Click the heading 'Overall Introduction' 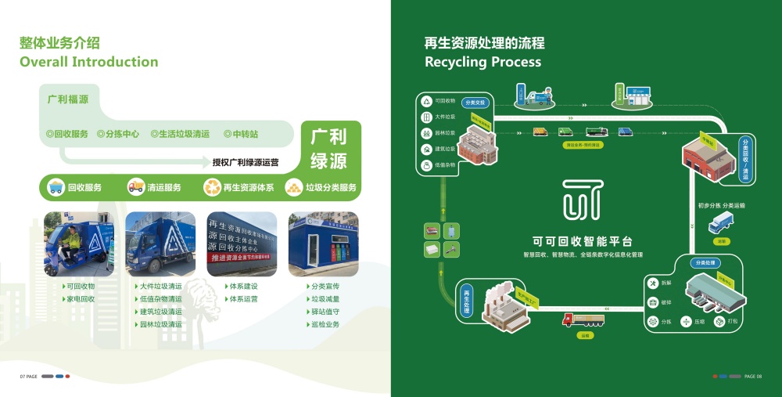[88, 62]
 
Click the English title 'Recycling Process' [482, 62]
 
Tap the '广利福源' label [68, 99]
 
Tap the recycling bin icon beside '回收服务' [56, 187]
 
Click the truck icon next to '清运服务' [136, 187]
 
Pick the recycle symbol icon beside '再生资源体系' [212, 187]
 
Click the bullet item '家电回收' [81, 299]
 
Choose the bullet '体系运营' [243, 299]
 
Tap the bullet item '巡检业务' [325, 324]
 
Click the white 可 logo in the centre [583, 199]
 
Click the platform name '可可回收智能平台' [583, 241]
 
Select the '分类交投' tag [475, 103]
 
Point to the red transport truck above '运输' [583, 319]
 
